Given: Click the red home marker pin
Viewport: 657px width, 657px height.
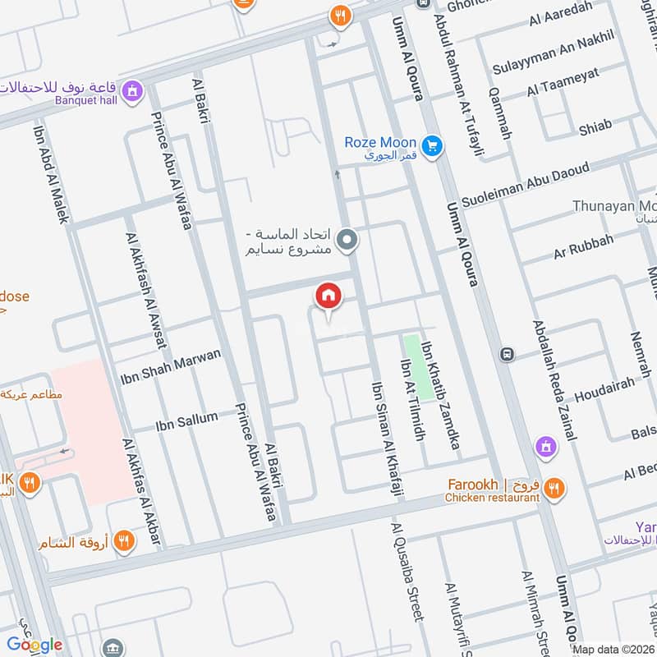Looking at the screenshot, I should point(328,296).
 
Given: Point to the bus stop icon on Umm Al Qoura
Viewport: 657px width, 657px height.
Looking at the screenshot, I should point(508,354).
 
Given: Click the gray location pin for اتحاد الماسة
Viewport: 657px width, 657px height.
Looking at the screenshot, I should point(347,240).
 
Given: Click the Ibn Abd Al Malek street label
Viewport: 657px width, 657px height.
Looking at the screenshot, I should point(50,173).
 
